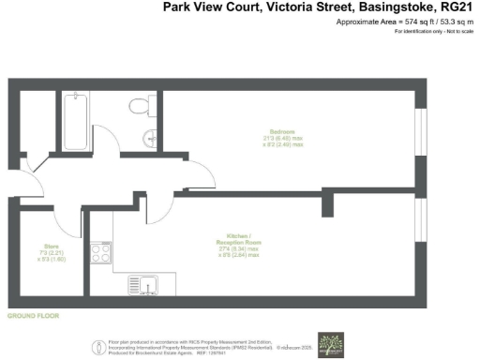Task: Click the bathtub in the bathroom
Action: (x=75, y=121)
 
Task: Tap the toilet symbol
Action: (x=140, y=105)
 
